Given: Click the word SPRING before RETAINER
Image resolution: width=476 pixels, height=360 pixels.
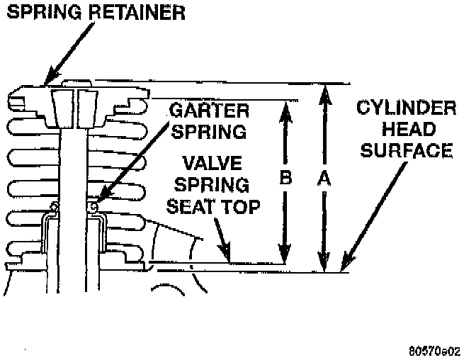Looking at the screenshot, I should tap(42, 13).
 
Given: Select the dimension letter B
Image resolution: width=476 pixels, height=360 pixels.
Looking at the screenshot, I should tap(285, 179).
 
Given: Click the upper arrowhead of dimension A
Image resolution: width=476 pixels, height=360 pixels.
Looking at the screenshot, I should tap(324, 90).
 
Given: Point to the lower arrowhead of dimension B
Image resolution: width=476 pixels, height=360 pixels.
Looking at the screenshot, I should tap(285, 257).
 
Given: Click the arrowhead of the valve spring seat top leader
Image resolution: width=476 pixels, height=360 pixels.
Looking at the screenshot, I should tap(227, 255).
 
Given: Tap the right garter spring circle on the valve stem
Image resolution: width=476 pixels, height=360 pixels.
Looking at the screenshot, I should tap(93, 206).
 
